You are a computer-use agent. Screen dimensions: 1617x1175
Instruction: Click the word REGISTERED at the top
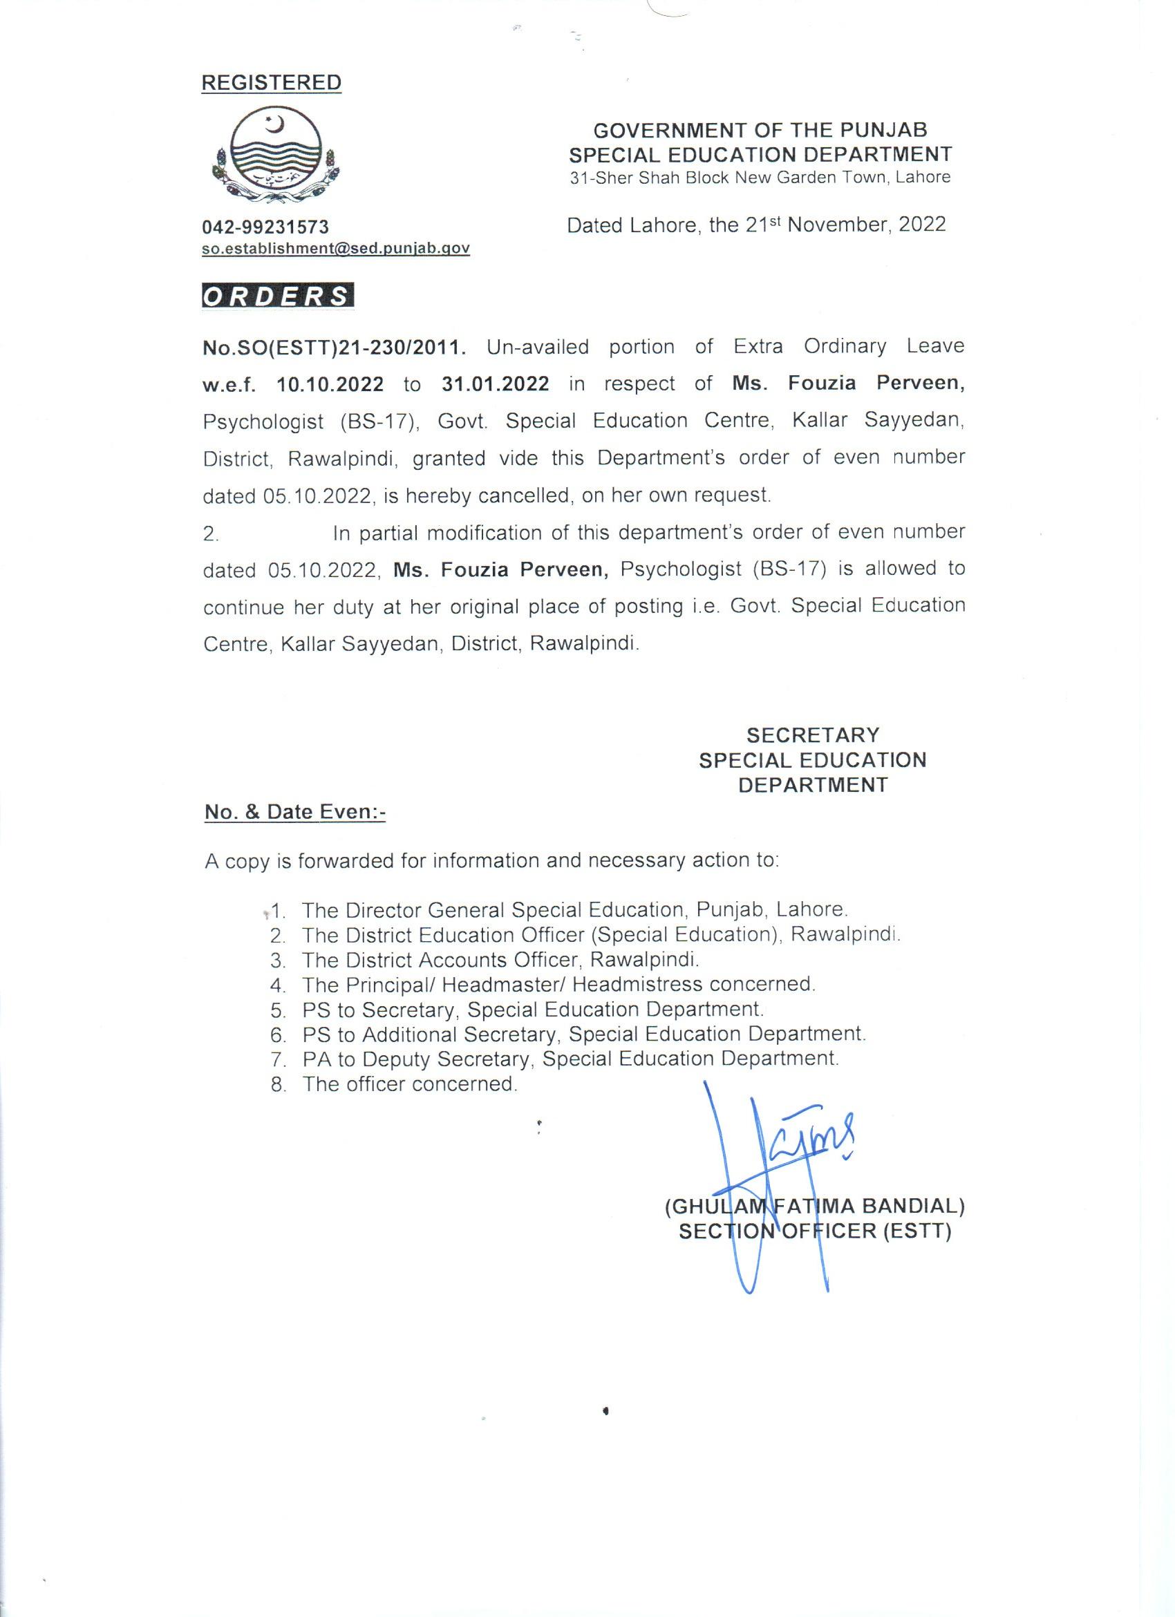click(x=271, y=83)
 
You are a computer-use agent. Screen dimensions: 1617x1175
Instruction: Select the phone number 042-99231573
click(x=265, y=227)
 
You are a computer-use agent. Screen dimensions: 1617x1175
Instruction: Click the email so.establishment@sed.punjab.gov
click(x=336, y=248)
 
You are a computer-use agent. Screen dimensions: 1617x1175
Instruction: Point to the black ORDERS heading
click(x=277, y=296)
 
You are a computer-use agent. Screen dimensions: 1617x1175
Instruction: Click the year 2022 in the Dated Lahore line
click(x=922, y=225)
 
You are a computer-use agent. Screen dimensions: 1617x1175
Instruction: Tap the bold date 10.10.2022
click(x=330, y=385)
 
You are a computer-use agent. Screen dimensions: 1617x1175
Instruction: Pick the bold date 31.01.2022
click(x=495, y=384)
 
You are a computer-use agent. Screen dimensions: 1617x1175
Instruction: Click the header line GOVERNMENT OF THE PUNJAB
click(x=760, y=131)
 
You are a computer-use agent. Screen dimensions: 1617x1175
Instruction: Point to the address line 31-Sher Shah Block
click(x=760, y=178)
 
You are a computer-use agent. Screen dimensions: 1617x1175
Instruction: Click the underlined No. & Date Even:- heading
click(x=294, y=812)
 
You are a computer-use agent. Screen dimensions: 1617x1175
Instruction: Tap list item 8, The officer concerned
click(x=409, y=1084)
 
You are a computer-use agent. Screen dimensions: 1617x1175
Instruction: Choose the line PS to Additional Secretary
click(x=583, y=1034)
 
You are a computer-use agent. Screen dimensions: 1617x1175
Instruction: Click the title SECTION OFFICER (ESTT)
click(x=814, y=1232)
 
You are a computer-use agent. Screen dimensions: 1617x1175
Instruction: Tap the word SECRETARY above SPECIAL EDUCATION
click(x=813, y=735)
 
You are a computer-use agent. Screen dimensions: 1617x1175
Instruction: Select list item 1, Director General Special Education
click(x=574, y=911)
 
